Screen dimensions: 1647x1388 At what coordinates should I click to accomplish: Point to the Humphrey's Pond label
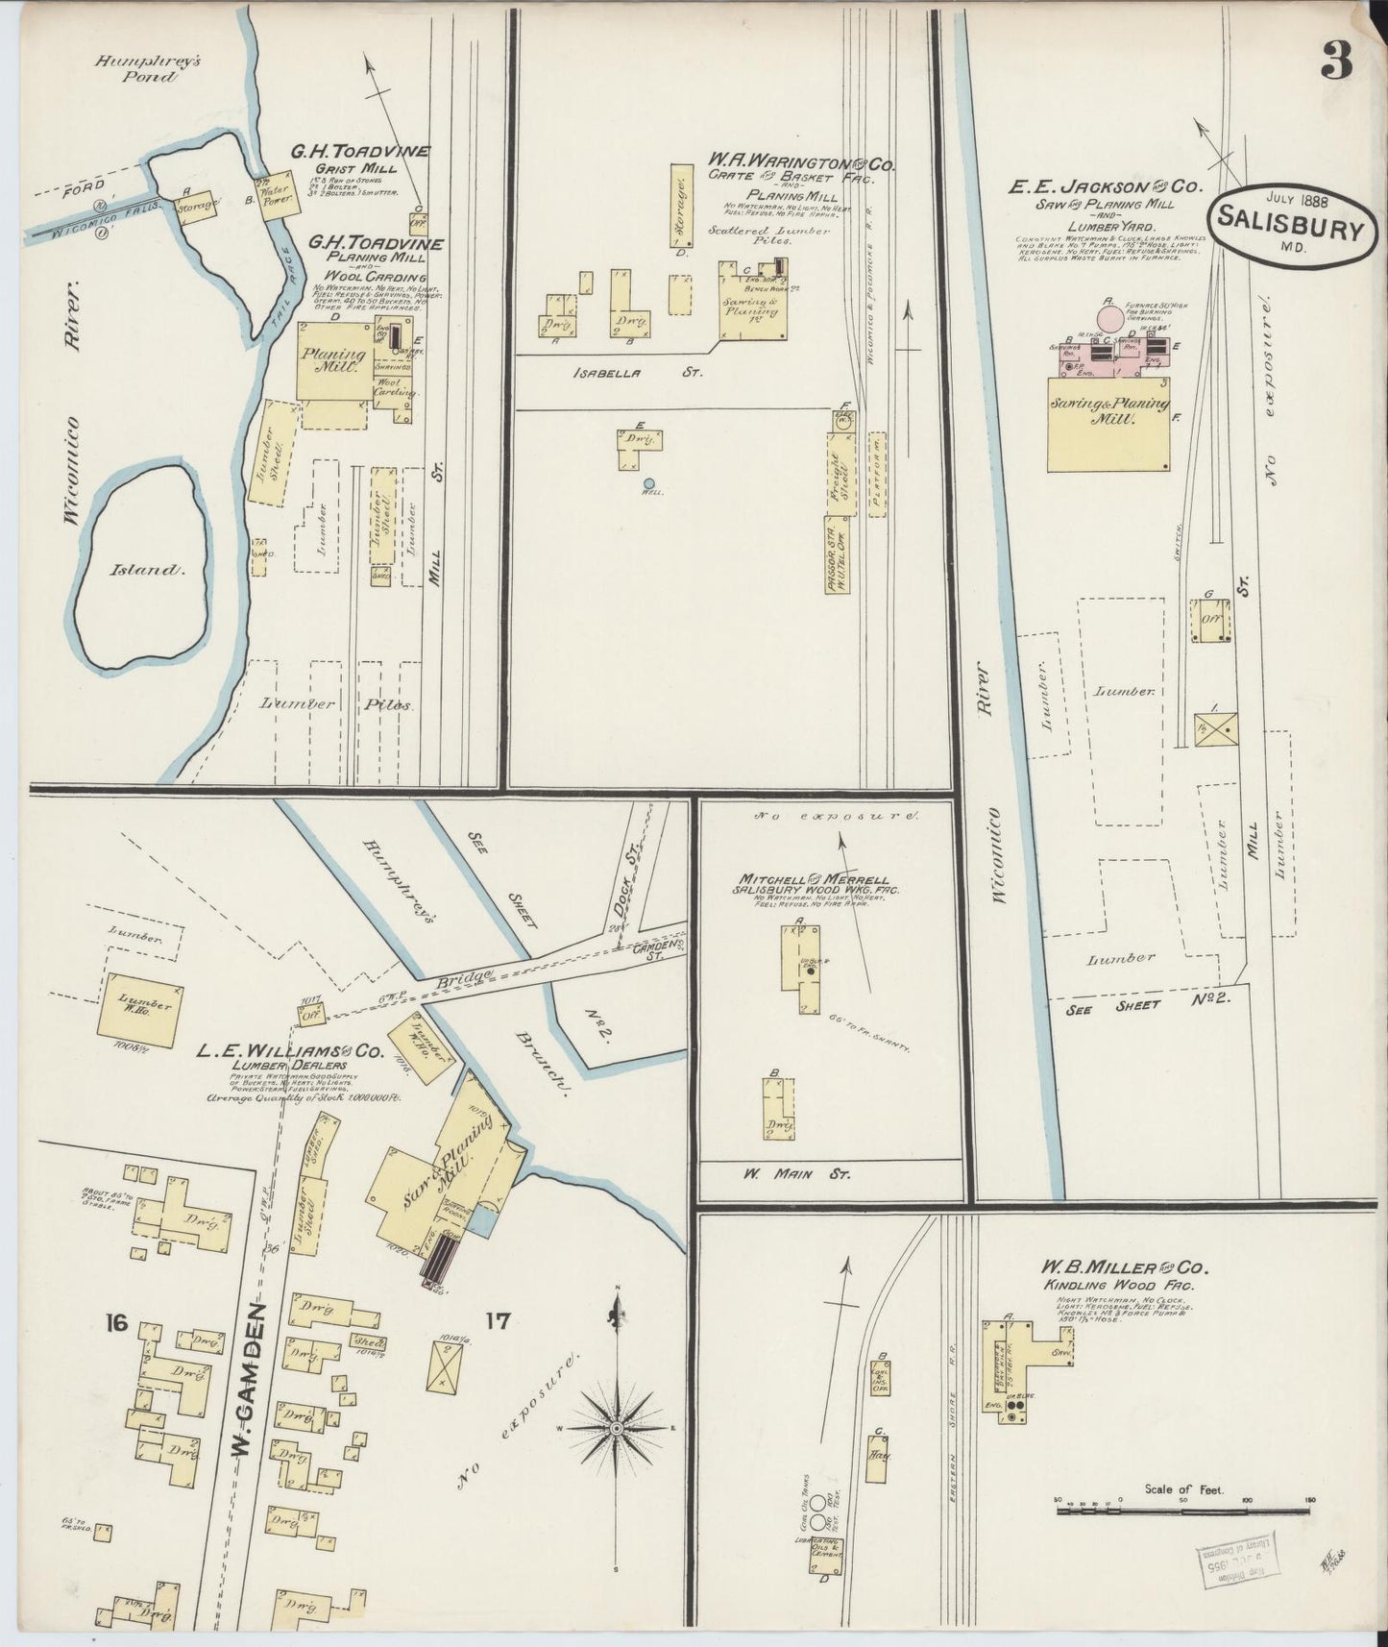point(135,68)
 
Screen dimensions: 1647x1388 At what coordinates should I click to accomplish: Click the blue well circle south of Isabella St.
point(649,483)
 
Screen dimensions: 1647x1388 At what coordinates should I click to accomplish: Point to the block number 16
point(117,1323)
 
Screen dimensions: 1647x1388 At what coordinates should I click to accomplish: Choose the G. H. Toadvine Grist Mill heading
point(360,151)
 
